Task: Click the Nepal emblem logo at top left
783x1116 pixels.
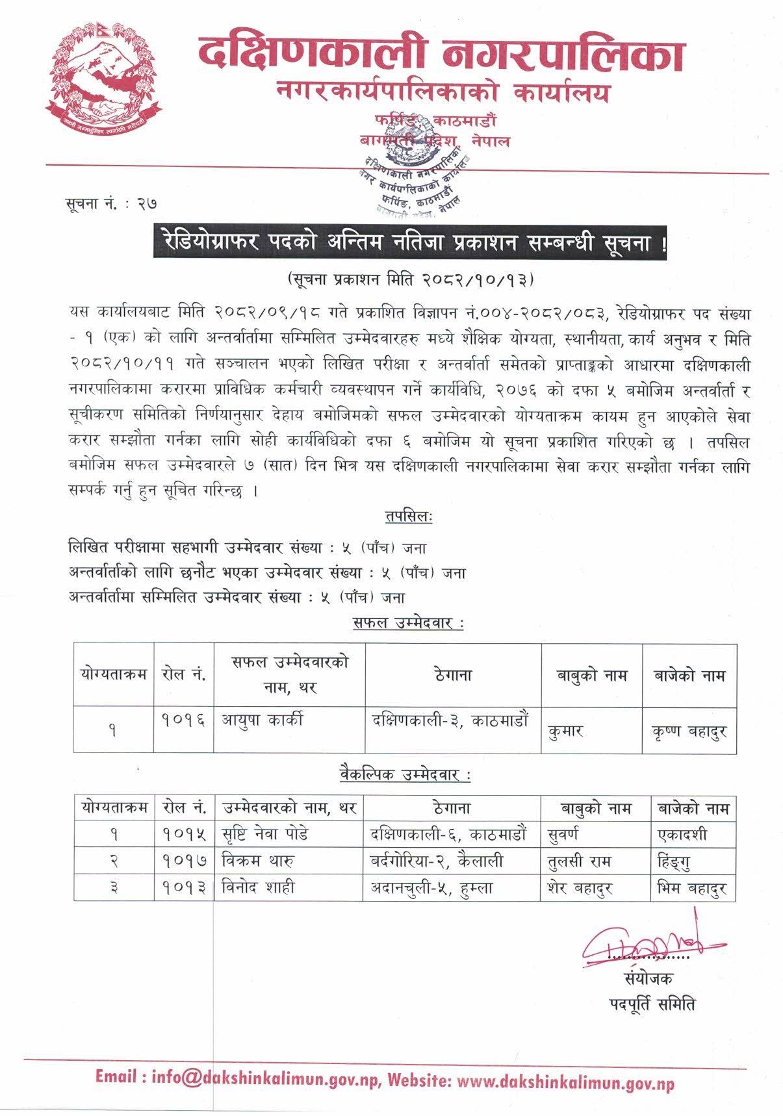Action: coord(102,76)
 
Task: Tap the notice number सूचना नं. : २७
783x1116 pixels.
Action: coord(111,204)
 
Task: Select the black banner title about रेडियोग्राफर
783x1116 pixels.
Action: coord(409,242)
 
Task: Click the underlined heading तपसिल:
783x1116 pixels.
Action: coord(409,517)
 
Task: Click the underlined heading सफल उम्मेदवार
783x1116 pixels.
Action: coord(408,623)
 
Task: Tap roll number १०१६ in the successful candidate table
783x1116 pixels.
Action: coord(184,720)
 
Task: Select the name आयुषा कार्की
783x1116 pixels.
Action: coord(263,720)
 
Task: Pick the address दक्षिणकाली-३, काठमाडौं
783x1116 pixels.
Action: coord(450,720)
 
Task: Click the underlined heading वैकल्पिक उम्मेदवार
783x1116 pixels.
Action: coord(405,774)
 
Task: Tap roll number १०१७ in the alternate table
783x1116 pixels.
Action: coord(185,861)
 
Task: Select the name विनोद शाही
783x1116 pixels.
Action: coord(258,887)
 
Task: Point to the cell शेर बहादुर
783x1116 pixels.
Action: coord(580,888)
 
